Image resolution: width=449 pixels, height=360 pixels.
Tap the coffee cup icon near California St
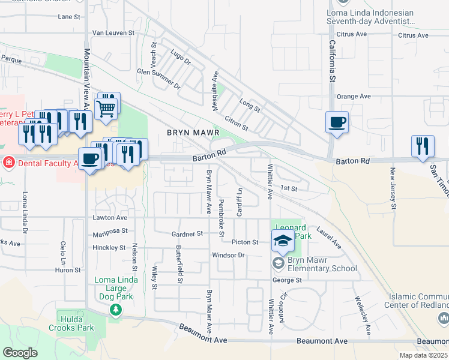[x=337, y=122]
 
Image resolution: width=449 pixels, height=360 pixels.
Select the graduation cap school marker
[x=283, y=241]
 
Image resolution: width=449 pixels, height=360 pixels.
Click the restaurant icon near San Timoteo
[x=423, y=146]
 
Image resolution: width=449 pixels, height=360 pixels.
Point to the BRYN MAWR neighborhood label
[x=193, y=132]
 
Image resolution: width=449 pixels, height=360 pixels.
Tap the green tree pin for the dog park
[x=116, y=310]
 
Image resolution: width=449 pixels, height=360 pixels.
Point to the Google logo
[x=20, y=353]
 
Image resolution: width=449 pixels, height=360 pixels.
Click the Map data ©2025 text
[x=424, y=355]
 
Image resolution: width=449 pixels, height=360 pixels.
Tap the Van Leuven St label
[x=114, y=32]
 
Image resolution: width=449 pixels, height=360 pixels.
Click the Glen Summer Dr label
[x=158, y=78]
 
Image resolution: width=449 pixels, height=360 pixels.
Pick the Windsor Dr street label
[x=229, y=255]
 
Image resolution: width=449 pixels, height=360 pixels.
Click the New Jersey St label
[x=394, y=188]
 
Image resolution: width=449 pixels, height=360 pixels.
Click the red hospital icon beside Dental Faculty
[x=8, y=162]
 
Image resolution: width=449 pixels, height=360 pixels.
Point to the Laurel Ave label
[x=328, y=238]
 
